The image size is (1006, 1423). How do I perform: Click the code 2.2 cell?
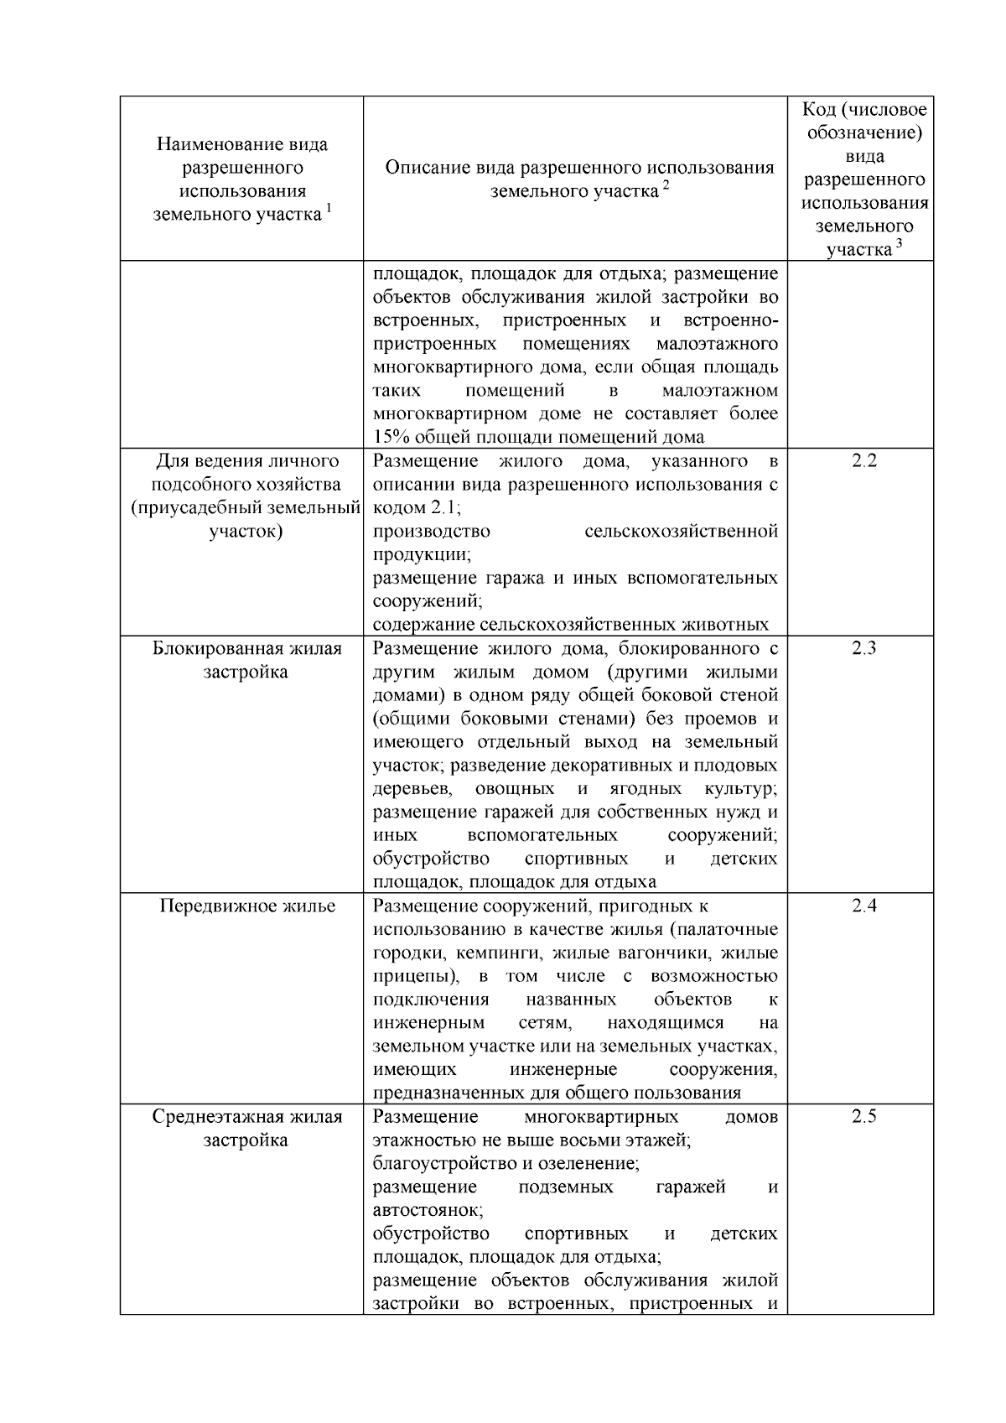863,461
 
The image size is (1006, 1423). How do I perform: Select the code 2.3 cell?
863,649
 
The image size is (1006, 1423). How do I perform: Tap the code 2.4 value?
863,906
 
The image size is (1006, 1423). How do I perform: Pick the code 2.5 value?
863,1117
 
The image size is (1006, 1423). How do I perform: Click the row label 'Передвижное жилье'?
247,906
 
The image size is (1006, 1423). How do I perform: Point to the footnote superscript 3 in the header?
899,243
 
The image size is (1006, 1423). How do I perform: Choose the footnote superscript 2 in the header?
666,185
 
